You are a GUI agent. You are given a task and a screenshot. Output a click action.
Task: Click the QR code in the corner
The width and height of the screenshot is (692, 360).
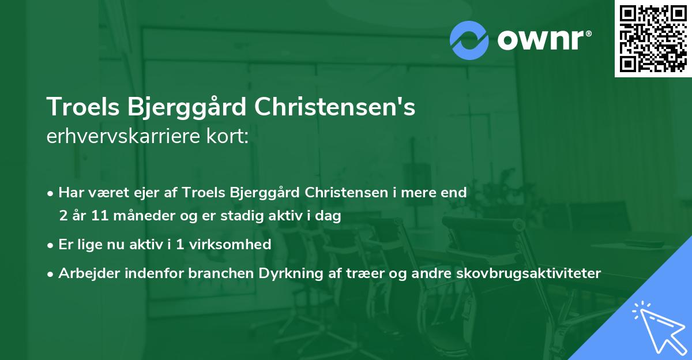653,38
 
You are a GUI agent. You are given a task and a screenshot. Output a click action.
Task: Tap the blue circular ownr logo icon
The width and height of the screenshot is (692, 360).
469,40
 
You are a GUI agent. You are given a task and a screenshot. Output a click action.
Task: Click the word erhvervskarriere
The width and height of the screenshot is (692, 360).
125,137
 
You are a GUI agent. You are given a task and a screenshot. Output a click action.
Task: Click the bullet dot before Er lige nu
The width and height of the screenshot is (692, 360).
51,245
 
